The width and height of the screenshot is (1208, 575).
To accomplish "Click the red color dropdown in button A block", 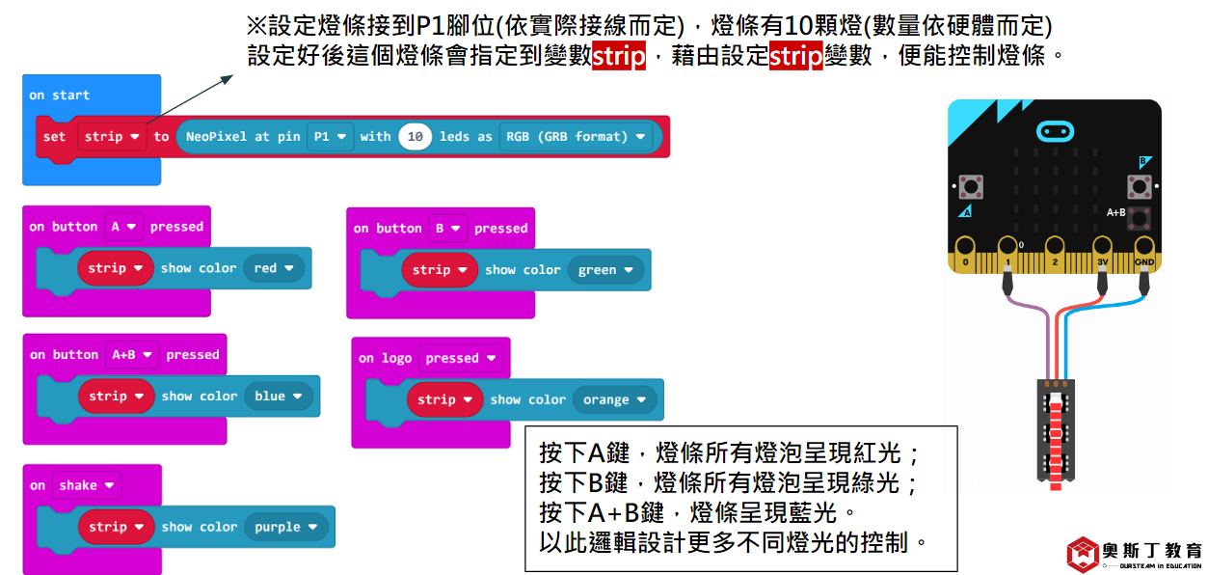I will click(x=275, y=268).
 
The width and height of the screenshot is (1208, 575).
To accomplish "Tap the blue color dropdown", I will click(x=279, y=397).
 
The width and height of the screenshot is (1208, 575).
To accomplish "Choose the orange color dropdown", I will click(x=615, y=399).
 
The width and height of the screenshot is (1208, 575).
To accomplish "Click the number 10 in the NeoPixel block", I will click(x=416, y=137).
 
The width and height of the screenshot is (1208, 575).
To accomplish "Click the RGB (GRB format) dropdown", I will click(x=576, y=137).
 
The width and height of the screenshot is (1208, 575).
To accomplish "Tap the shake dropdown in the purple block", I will click(x=86, y=485).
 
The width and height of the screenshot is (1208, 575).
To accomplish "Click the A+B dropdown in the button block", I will click(x=131, y=355).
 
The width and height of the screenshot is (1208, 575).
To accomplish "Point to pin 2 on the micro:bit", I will click(x=1055, y=254).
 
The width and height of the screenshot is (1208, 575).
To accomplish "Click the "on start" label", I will click(x=59, y=96).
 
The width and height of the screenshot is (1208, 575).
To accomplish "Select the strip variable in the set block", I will click(x=111, y=137).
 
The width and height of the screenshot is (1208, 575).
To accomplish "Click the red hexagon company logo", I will click(x=1085, y=554).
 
